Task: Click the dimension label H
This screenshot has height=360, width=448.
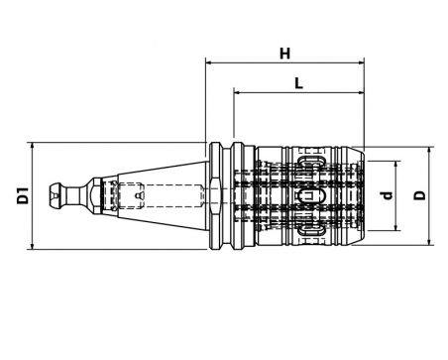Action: tap(284, 54)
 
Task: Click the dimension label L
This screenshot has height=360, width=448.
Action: tap(298, 83)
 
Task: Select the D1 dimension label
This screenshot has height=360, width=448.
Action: tap(24, 195)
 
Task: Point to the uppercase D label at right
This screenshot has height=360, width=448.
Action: tap(420, 195)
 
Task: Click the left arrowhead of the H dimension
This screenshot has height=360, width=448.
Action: tap(208, 62)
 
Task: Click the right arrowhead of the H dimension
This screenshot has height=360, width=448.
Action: tap(362, 62)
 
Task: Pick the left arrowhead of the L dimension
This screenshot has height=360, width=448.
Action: tap(237, 93)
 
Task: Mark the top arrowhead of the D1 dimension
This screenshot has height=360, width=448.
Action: tap(32, 145)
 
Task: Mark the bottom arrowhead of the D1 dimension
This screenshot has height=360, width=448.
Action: tap(32, 247)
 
